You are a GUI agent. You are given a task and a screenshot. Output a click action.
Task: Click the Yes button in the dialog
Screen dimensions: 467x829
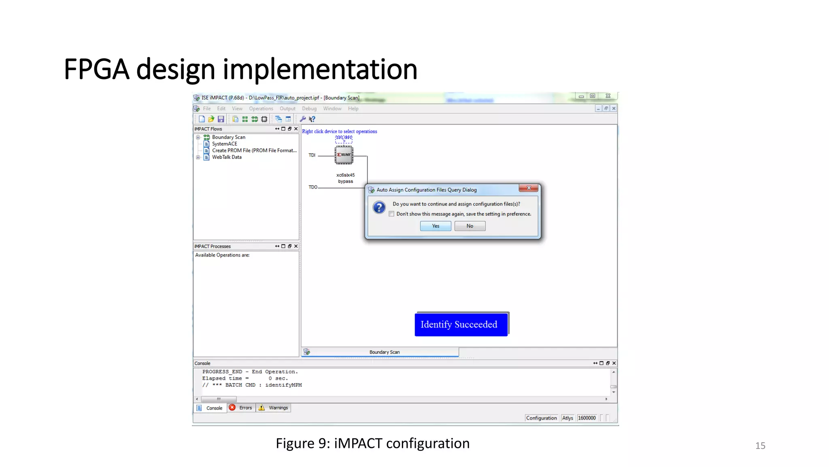[436, 226]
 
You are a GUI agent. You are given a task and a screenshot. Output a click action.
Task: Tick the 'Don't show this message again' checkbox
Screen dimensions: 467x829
[391, 214]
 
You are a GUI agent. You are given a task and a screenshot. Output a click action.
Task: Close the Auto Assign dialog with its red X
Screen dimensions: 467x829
[529, 188]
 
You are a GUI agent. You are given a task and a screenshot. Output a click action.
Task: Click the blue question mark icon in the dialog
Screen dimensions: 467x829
[379, 208]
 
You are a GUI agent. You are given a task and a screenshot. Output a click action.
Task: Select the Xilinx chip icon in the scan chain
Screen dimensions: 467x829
[344, 155]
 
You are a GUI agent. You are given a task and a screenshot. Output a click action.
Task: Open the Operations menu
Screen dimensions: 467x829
[261, 109]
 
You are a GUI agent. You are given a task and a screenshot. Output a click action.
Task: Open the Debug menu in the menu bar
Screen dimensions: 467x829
[309, 109]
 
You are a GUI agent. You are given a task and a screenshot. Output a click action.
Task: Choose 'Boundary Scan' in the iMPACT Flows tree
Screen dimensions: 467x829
[228, 137]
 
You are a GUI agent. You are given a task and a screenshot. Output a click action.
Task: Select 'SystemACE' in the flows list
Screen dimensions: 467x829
[224, 144]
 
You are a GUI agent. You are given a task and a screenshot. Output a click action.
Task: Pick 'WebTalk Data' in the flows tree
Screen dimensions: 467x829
[227, 157]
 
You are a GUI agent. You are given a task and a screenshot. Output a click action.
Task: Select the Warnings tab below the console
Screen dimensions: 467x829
[274, 408]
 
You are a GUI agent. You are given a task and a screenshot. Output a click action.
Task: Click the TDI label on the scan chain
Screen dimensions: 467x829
[312, 155]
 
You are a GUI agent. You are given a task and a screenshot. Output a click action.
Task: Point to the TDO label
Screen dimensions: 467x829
[313, 187]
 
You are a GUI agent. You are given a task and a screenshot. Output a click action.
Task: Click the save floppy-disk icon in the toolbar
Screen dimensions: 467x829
[221, 119]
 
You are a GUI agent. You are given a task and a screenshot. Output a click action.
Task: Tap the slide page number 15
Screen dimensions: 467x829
[760, 446]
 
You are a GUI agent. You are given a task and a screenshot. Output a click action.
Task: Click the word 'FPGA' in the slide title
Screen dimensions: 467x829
[96, 69]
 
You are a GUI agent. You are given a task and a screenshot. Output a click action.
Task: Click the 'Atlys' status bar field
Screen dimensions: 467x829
[568, 418]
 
